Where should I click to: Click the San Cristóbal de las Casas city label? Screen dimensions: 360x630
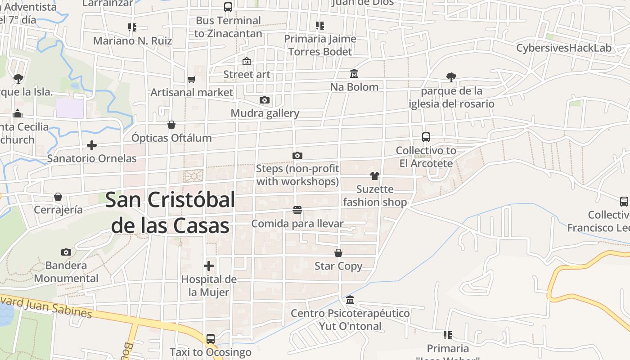170,212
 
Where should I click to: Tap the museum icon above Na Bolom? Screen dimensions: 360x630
354,74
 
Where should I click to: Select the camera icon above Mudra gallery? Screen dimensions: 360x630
265,100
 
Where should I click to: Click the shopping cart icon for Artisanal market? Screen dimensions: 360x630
192,80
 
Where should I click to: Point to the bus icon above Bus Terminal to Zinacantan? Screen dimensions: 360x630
228,7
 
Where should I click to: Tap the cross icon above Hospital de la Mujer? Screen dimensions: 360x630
209,265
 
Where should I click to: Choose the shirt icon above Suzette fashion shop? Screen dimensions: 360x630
374,176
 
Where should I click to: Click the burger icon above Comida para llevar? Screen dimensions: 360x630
297,210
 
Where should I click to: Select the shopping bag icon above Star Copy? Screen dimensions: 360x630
338,253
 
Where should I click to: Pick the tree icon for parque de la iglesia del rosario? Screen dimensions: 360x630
451,77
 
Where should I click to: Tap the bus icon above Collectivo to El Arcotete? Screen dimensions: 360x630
426,137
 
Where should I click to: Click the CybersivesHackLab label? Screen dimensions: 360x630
564,48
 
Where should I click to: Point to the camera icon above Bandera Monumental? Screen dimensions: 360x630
66,252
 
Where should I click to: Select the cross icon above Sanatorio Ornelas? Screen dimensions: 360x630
92,145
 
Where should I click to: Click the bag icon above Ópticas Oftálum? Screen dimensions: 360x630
171,124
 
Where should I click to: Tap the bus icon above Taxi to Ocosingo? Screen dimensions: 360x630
210,338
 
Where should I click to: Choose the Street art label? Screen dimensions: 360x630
247,74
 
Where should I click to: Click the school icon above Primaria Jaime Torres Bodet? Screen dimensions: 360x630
320,26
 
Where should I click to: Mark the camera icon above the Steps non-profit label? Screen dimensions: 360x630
297,155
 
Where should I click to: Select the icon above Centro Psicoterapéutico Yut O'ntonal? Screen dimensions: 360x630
350,300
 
